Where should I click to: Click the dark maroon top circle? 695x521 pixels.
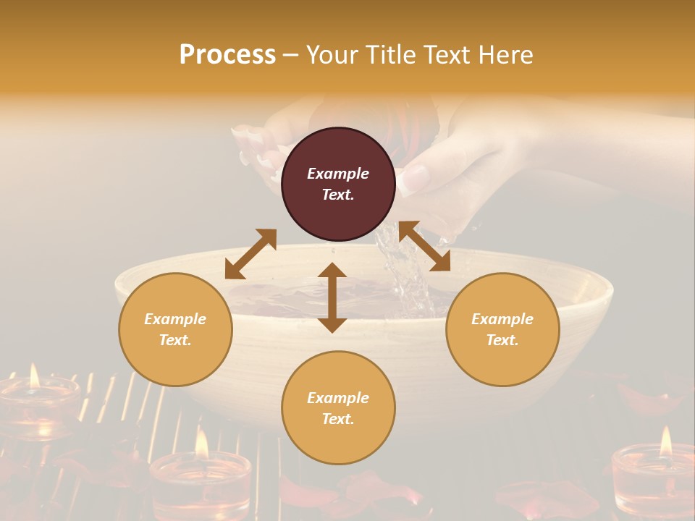pyautogui.click(x=338, y=185)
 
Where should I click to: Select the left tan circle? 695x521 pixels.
pyautogui.click(x=175, y=329)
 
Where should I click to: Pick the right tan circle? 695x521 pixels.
pyautogui.click(x=502, y=329)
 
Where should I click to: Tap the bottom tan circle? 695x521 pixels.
pyautogui.click(x=338, y=408)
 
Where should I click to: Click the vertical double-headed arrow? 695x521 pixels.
pyautogui.click(x=332, y=297)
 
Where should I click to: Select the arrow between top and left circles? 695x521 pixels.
pyautogui.click(x=250, y=254)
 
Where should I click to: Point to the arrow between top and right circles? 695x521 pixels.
pyautogui.click(x=425, y=246)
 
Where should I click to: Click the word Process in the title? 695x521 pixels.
pyautogui.click(x=227, y=55)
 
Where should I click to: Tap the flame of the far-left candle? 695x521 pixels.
pyautogui.click(x=34, y=375)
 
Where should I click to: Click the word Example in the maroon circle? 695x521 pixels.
pyautogui.click(x=338, y=174)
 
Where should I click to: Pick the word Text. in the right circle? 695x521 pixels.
pyautogui.click(x=502, y=340)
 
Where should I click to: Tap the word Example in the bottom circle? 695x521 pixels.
pyautogui.click(x=338, y=398)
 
